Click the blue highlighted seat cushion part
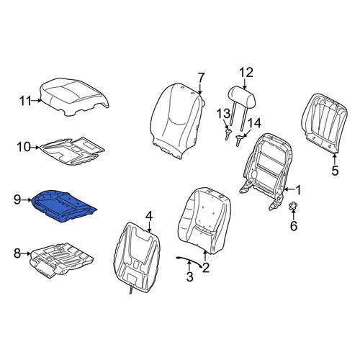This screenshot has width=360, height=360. [x=63, y=204]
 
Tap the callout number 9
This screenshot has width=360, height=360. [x=17, y=199]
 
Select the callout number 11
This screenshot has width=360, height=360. [x=25, y=101]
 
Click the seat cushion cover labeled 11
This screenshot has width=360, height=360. [x=74, y=96]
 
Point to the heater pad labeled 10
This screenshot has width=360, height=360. [x=72, y=151]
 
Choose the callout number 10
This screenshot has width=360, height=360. [x=24, y=147]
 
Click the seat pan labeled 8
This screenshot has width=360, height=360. [x=61, y=260]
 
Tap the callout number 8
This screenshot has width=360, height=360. [x=17, y=253]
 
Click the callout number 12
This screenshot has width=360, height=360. [x=246, y=73]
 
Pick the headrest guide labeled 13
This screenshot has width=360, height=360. [x=228, y=134]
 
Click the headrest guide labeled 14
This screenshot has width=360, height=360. [x=238, y=140]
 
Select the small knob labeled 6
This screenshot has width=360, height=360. [x=293, y=206]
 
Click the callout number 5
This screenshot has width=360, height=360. [x=335, y=171]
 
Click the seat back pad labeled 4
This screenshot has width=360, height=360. [x=136, y=257]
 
